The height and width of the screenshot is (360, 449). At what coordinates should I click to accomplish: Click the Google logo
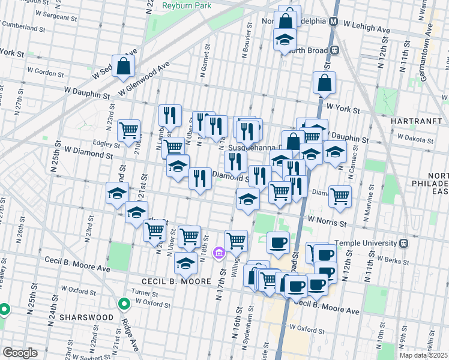pos(20,353)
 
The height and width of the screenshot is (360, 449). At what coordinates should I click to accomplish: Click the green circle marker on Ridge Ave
pos(124,304)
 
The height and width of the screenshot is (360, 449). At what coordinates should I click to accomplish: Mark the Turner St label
pos(145,292)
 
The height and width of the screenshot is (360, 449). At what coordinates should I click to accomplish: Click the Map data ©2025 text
pos(423,355)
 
